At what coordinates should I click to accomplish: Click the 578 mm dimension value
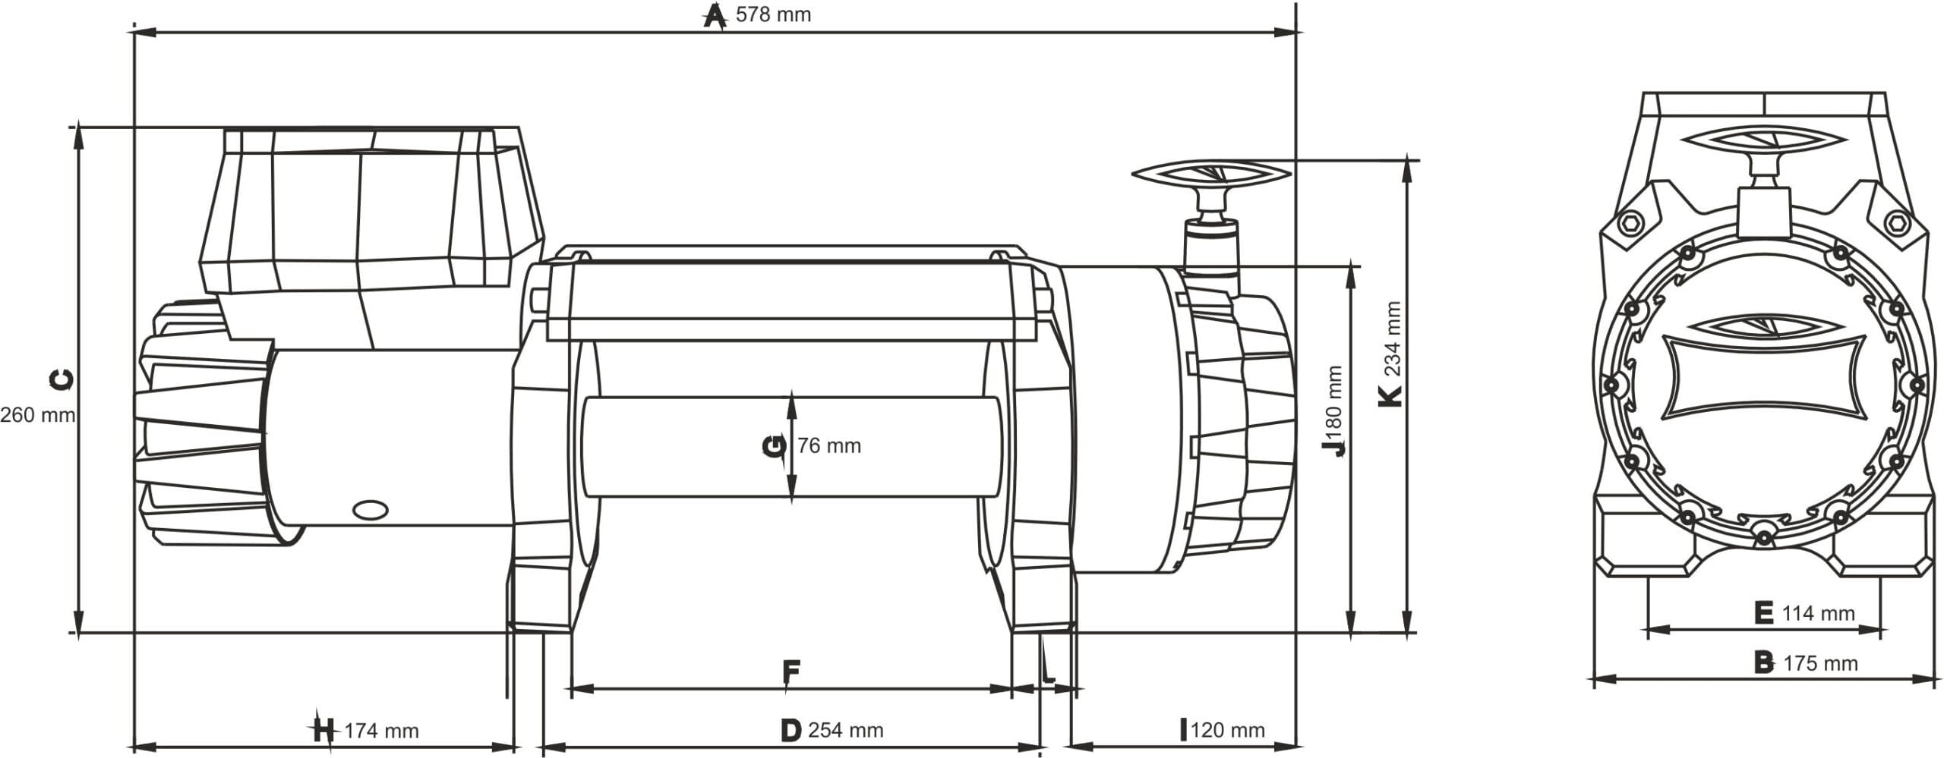coord(773,15)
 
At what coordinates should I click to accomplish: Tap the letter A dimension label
coord(713,15)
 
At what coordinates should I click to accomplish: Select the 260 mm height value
coord(36,416)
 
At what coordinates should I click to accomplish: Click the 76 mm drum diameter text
coord(829,446)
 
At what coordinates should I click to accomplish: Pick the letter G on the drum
coord(775,446)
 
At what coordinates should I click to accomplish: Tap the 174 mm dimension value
coord(381,731)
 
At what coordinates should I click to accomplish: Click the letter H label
coord(323,731)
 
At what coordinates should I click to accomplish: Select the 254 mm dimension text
coord(845,731)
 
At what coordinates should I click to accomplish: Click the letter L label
coord(1049,672)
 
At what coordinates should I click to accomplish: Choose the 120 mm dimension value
coord(1227,731)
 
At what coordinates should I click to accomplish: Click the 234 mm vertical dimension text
coord(1392,339)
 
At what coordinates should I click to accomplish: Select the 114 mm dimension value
coord(1818,613)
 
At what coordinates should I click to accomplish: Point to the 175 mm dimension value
coord(1820,664)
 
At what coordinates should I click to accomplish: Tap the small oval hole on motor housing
coord(371,511)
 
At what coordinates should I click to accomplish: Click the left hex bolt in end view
coord(1630,225)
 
